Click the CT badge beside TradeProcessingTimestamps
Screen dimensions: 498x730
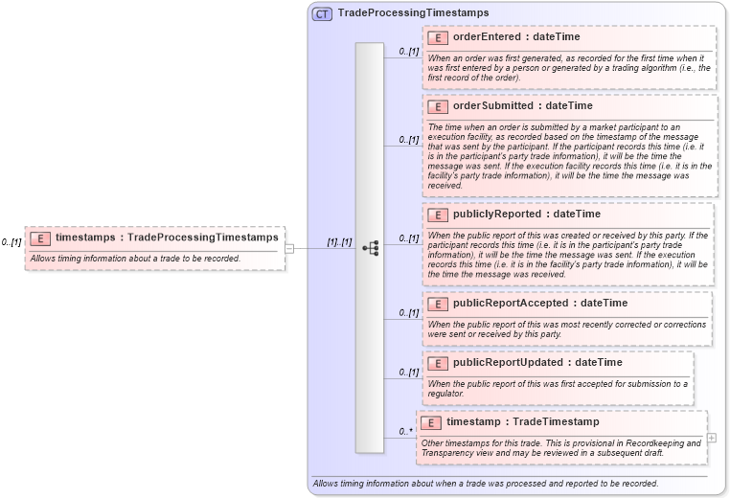[322, 13]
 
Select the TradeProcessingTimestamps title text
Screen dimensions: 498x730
[413, 13]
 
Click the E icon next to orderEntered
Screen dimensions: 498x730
[438, 38]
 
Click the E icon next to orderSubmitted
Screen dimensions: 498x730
[438, 106]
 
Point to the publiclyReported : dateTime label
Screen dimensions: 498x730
[526, 215]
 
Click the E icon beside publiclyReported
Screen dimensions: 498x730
[438, 215]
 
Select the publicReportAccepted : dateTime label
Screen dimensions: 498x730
[540, 304]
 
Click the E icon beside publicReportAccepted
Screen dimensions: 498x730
[438, 304]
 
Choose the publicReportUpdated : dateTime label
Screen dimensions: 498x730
[536, 363]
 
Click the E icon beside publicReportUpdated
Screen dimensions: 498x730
[438, 363]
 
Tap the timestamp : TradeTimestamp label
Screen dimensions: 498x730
[522, 422]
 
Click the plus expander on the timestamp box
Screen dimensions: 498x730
[711, 438]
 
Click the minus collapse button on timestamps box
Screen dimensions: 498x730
[289, 248]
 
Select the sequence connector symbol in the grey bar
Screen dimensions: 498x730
[370, 248]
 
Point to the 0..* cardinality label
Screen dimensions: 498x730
[406, 432]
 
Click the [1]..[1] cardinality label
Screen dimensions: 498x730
[339, 242]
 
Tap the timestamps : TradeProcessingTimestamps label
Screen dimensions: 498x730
[167, 237]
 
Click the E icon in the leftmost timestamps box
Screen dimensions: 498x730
[40, 238]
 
